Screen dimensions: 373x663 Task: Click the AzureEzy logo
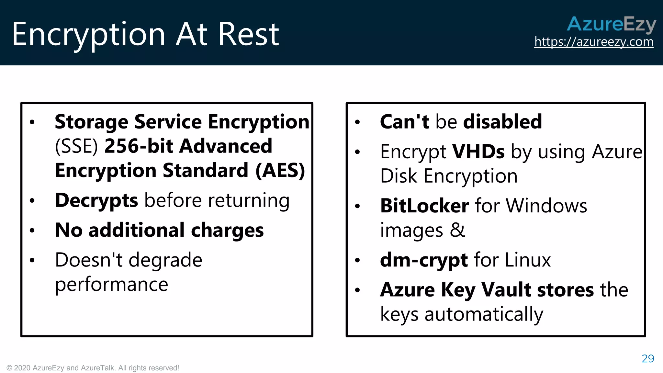pos(611,24)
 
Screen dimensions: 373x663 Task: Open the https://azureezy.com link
pos(594,42)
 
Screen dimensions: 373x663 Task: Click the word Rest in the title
pos(248,34)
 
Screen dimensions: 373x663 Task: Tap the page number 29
pos(648,358)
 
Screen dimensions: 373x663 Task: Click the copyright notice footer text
pos(93,368)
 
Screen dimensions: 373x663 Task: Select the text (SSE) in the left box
pos(76,146)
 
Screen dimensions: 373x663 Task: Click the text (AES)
pos(280,171)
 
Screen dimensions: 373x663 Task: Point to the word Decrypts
pos(96,200)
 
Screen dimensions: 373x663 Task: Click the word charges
pos(227,230)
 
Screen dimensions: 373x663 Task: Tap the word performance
pos(112,285)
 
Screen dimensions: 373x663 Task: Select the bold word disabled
pos(502,122)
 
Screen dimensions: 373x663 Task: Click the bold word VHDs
pos(478,152)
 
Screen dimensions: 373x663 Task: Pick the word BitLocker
pos(424,206)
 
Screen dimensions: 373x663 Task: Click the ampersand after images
pos(457,230)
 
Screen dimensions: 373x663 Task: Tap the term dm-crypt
pos(424,260)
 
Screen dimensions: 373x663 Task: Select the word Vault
pos(506,290)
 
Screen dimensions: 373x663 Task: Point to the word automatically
pos(484,314)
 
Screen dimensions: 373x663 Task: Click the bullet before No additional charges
pos(32,231)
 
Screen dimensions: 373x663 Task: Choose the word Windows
pos(546,206)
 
